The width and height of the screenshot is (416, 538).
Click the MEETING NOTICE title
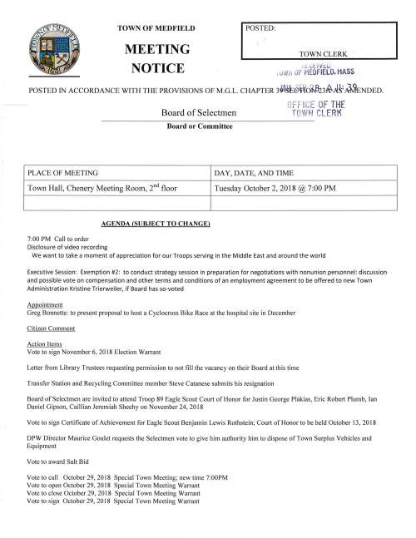pos(156,57)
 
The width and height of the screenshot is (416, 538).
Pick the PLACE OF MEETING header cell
pos(64,172)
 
